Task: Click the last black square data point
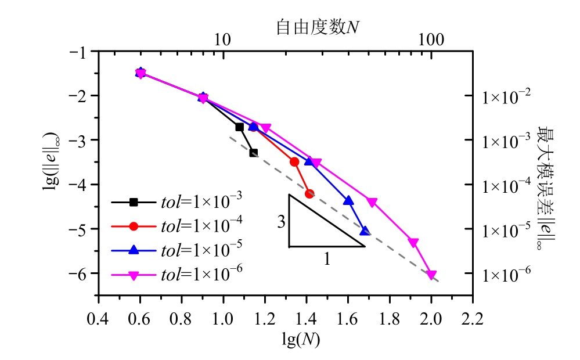[x=253, y=153]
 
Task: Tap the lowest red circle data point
[x=309, y=194]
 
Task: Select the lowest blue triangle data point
[x=365, y=231]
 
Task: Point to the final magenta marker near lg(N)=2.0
[x=431, y=275]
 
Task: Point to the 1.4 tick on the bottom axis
[x=307, y=318]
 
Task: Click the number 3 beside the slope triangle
[x=280, y=222]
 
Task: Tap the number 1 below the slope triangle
[x=327, y=260]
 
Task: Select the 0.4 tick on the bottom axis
[x=98, y=318]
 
